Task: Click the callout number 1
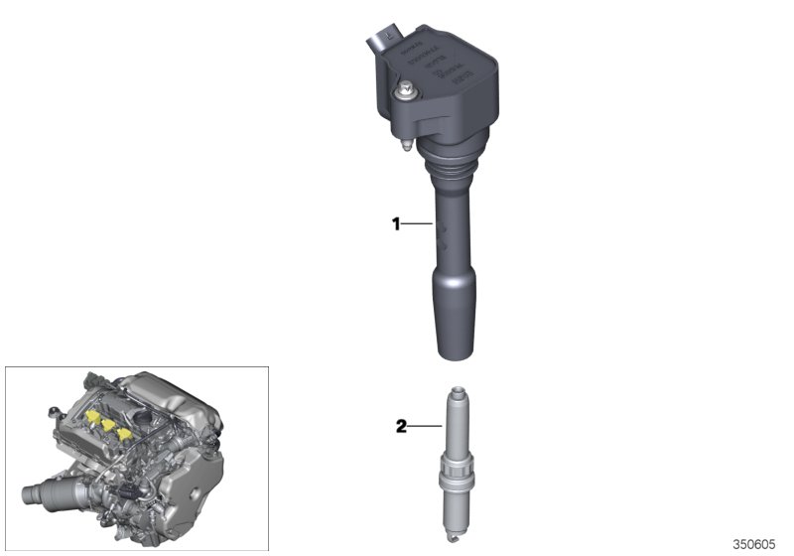coord(395,225)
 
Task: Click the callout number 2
coord(401,428)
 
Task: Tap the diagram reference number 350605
coord(753,544)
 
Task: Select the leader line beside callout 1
coord(417,225)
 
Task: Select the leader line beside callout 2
coord(422,428)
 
